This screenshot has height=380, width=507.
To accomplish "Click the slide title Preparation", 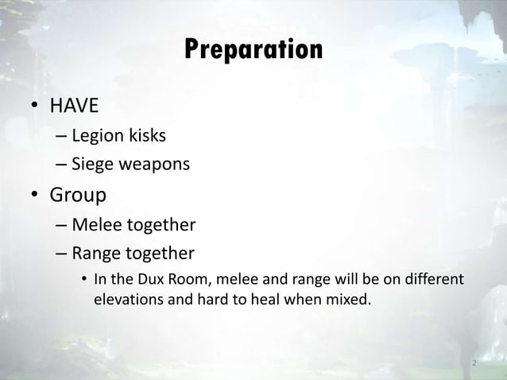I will (x=253, y=50).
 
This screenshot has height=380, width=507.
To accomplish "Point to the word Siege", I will (x=91, y=166).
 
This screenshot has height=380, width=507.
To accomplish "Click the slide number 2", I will (x=474, y=364).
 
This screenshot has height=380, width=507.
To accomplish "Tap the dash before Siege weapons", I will (x=61, y=166).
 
